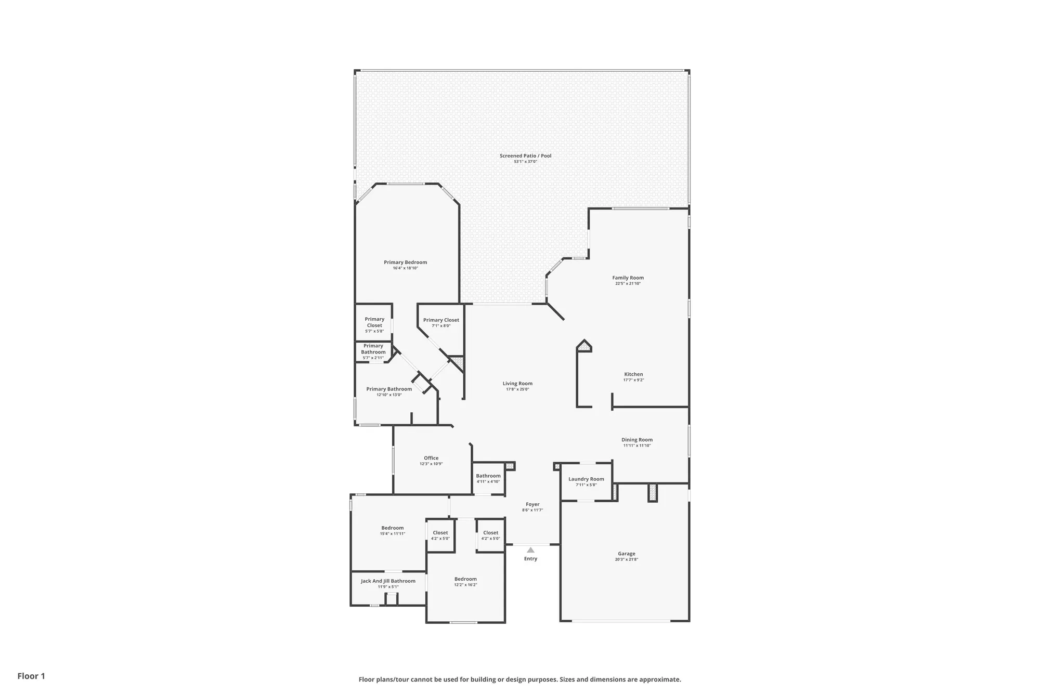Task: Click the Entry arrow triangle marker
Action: tap(530, 550)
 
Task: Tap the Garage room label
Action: tap(627, 554)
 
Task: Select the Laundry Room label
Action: tap(586, 479)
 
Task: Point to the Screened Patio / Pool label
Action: tap(525, 155)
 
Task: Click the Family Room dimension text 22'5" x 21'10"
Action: tap(628, 284)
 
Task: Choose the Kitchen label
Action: tap(633, 374)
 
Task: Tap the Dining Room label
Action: tap(637, 440)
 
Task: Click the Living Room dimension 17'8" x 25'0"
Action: tap(517, 389)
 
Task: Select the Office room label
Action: tap(431, 458)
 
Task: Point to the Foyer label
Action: tap(532, 504)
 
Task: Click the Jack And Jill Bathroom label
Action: tap(388, 581)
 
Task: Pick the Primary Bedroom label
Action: tap(406, 262)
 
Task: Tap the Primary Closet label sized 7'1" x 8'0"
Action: tap(441, 320)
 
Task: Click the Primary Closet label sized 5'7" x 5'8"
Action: tap(374, 322)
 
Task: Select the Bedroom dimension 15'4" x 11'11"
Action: tap(393, 534)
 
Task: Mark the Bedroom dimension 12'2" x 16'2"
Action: tap(465, 585)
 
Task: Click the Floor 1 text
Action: tap(31, 676)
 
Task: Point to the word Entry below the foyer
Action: tap(530, 559)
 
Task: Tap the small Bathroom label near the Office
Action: tap(488, 476)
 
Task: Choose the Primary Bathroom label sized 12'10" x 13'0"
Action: tap(389, 389)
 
